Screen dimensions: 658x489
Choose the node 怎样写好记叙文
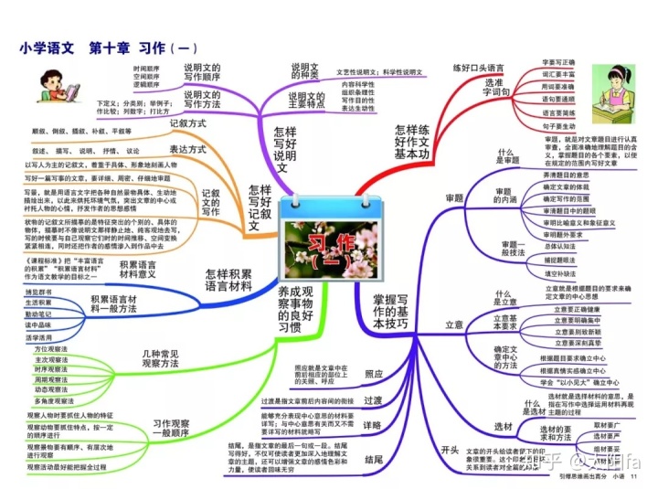260,207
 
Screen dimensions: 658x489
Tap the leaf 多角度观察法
55,400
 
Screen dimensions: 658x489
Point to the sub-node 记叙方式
187,122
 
